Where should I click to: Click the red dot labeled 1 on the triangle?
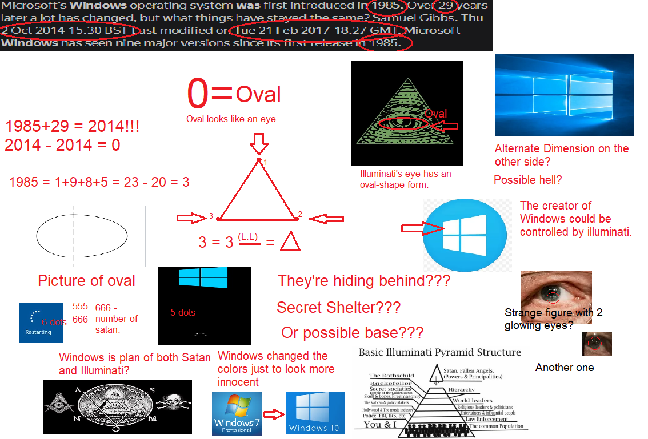(x=258, y=159)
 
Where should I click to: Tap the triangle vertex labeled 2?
(x=296, y=219)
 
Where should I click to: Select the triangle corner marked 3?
(x=218, y=218)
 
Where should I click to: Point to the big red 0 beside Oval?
(x=198, y=95)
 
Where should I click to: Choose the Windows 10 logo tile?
(x=315, y=413)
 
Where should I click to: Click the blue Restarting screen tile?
(x=41, y=323)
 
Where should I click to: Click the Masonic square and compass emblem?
(x=61, y=407)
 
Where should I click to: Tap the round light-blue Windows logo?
(x=465, y=235)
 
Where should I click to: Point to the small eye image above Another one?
(x=597, y=344)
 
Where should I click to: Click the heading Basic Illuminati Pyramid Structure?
(x=439, y=352)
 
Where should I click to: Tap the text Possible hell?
(x=528, y=180)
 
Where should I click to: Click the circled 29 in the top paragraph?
(x=446, y=6)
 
